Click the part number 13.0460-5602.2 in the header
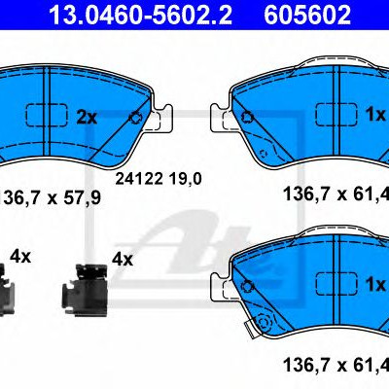pos(140,15)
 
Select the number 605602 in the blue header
pos(307,15)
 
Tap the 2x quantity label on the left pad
pos(87,118)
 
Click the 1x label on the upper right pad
pos(375,115)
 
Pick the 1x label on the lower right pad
pos(375,284)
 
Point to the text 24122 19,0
pos(159,179)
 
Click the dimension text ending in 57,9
pos(51,197)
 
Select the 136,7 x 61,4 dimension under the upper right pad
pos(336,194)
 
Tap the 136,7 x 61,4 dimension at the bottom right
pos(336,365)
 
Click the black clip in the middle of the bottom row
pos(85,290)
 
